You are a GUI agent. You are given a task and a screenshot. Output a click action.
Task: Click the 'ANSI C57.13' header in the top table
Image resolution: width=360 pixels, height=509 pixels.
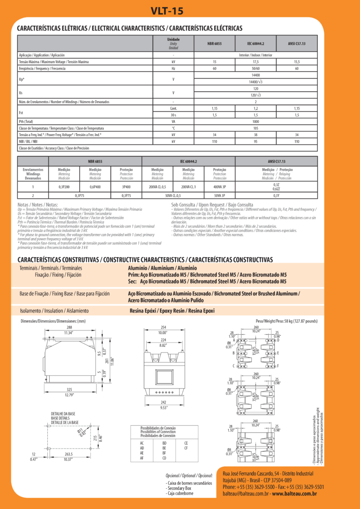tap(297, 43)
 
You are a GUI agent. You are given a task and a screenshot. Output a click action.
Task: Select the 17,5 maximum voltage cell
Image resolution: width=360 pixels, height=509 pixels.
tap(255, 62)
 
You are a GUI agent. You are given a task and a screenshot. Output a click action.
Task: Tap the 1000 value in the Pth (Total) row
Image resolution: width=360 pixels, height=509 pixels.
tap(255, 121)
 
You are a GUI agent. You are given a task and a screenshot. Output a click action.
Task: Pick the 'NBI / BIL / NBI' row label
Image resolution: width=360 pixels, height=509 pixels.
tap(28, 141)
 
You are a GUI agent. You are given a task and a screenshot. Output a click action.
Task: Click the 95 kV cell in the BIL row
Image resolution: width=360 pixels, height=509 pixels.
tap(255, 141)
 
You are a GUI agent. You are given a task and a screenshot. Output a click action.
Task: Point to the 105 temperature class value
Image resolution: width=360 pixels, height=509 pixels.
tap(255, 128)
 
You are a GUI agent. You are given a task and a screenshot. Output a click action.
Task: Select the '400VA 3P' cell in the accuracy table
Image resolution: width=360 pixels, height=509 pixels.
tap(219, 187)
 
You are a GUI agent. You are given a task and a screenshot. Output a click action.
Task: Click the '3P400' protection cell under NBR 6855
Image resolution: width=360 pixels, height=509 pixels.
tap(126, 187)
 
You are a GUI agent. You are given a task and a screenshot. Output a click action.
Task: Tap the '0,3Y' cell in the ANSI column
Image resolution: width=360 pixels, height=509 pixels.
tap(276, 195)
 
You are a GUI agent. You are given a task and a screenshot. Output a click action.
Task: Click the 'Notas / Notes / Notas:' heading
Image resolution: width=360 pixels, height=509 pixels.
tap(37, 205)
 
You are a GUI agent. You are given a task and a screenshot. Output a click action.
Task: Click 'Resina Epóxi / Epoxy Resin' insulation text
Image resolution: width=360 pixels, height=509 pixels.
tap(172, 310)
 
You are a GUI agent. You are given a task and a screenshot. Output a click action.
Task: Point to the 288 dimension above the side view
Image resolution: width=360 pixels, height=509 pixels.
tap(69, 327)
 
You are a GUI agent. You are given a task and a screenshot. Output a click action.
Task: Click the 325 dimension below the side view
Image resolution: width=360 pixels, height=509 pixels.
tap(69, 389)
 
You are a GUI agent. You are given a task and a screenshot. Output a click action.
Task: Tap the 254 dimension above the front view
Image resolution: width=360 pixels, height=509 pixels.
tap(164, 327)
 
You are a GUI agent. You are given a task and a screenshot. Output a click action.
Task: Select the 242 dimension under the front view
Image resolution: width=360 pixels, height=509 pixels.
tap(164, 402)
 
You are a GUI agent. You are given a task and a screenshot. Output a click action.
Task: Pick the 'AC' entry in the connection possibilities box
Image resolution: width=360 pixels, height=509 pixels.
tap(142, 442)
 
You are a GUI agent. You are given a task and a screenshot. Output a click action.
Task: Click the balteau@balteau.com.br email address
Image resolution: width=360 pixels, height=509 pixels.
tap(246, 494)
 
